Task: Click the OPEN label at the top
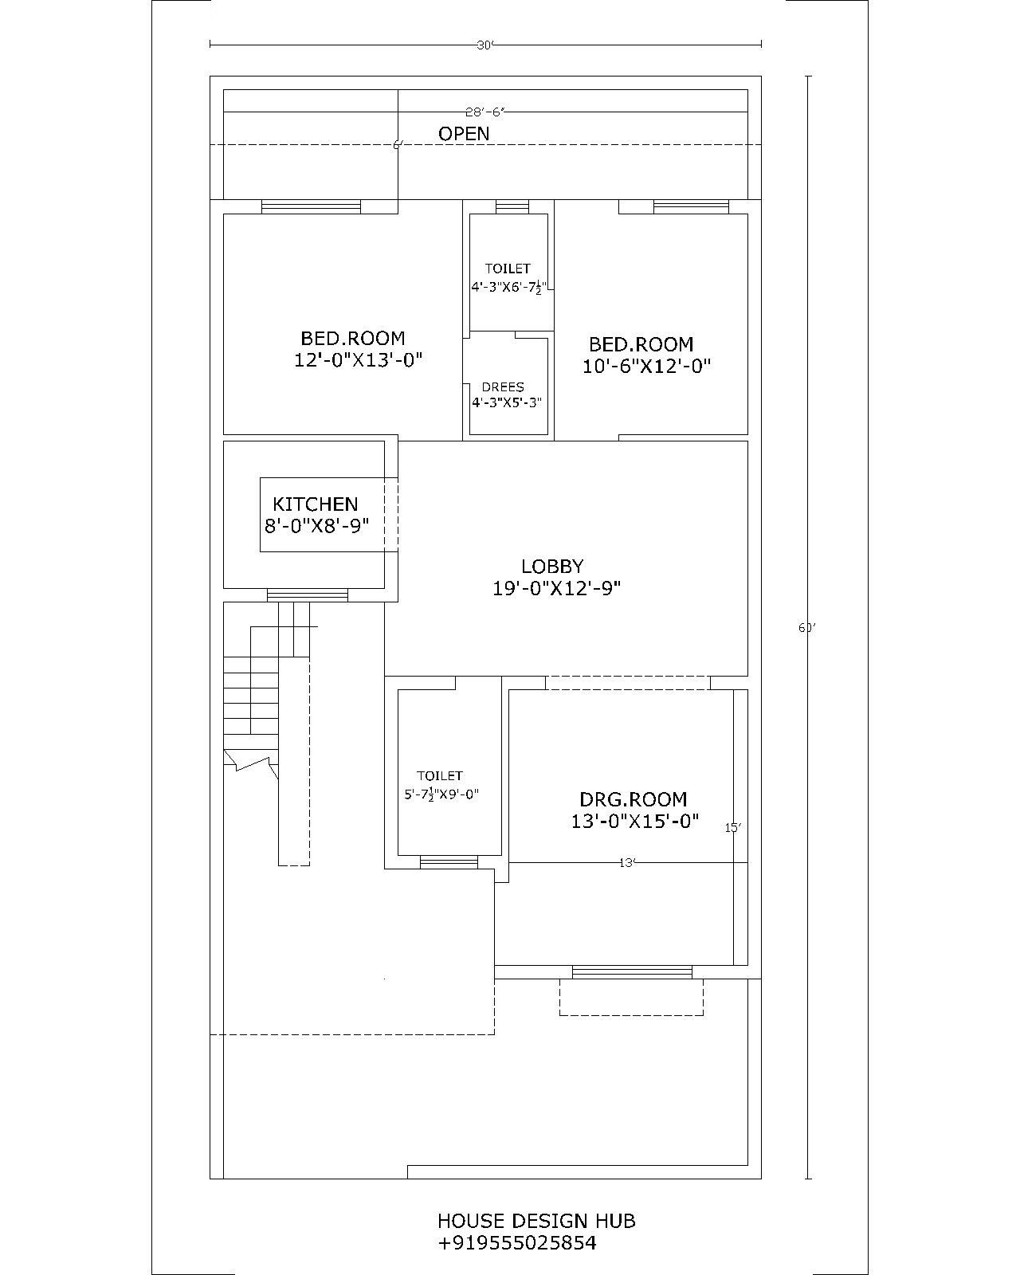click(x=464, y=134)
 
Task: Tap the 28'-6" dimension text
click(x=485, y=112)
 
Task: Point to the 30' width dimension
click(x=485, y=45)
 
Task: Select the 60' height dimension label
click(x=807, y=628)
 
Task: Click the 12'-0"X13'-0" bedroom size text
click(x=358, y=360)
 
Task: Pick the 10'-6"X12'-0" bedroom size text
click(x=646, y=366)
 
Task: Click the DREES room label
click(x=503, y=387)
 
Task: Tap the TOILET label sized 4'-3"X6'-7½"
click(x=508, y=269)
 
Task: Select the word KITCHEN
click(x=316, y=504)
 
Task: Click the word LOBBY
click(x=552, y=567)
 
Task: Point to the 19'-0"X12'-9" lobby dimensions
click(x=556, y=589)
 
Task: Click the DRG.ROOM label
click(x=633, y=799)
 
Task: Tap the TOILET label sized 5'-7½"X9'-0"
click(x=439, y=775)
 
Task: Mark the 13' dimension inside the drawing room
click(x=627, y=862)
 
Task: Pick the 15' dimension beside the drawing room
click(x=733, y=828)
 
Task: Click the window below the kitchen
click(x=307, y=595)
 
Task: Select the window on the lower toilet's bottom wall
click(x=449, y=861)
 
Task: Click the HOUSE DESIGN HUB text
click(x=536, y=1221)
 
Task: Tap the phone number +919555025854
click(x=516, y=1243)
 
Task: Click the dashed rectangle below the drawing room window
click(x=631, y=998)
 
